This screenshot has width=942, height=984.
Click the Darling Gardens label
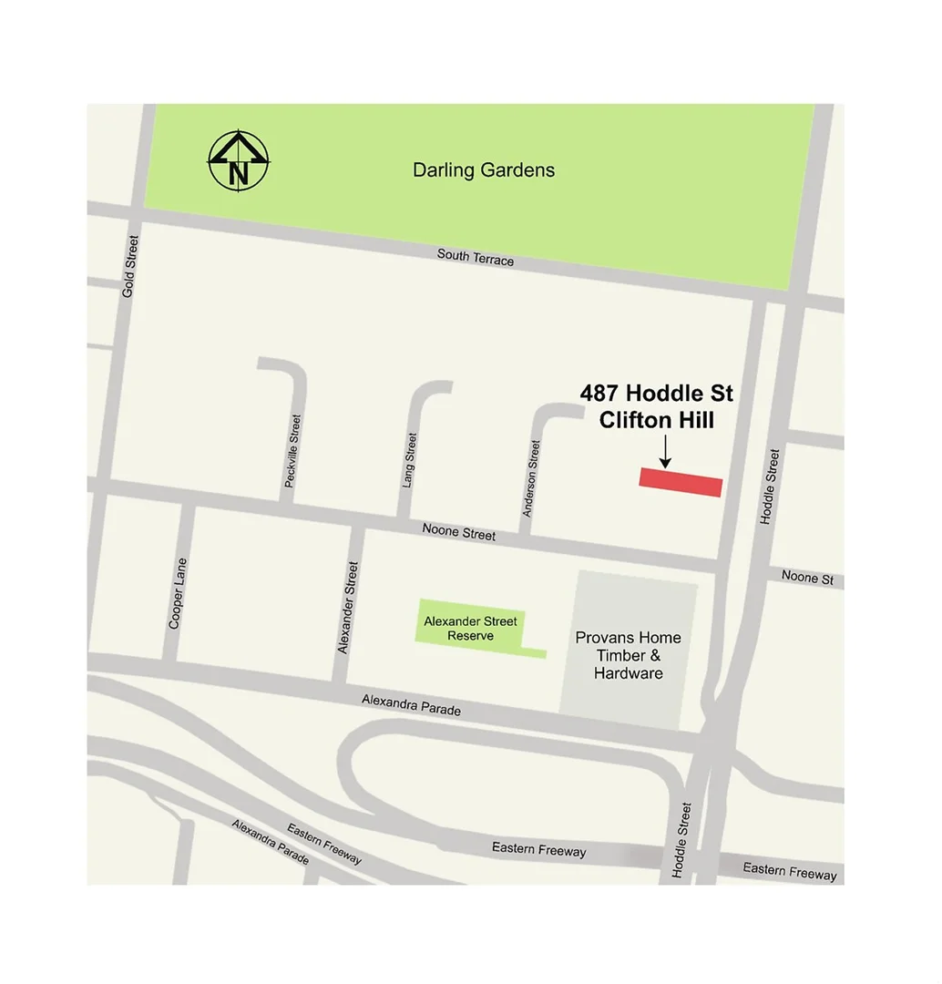coord(483,170)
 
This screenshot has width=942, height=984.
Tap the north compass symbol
coord(239,160)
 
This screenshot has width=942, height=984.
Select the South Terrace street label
coord(475,257)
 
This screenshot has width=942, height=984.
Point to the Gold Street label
coord(129,266)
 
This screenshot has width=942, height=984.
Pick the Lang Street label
coord(410,459)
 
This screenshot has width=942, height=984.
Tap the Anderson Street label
coord(531,478)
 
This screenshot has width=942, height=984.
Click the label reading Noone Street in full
coord(459,531)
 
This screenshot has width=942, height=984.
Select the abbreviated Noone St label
coord(807,578)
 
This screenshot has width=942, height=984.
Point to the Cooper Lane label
coord(177,592)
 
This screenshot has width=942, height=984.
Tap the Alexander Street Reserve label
coord(470,628)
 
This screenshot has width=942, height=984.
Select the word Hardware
coord(628,673)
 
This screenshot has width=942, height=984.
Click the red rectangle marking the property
coord(681,482)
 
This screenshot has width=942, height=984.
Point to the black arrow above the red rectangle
coord(665,451)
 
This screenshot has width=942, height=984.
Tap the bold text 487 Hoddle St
coord(656,394)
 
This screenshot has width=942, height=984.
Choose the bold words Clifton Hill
coord(656,420)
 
